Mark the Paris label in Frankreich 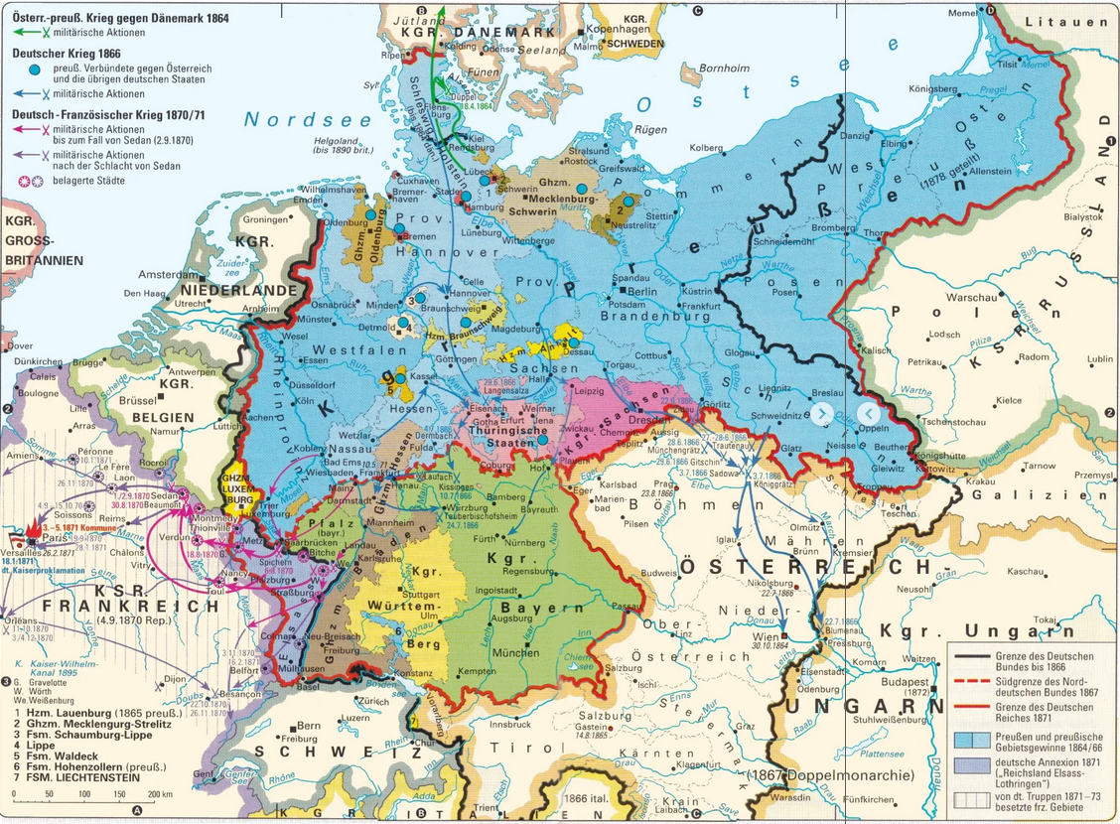[55, 536]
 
